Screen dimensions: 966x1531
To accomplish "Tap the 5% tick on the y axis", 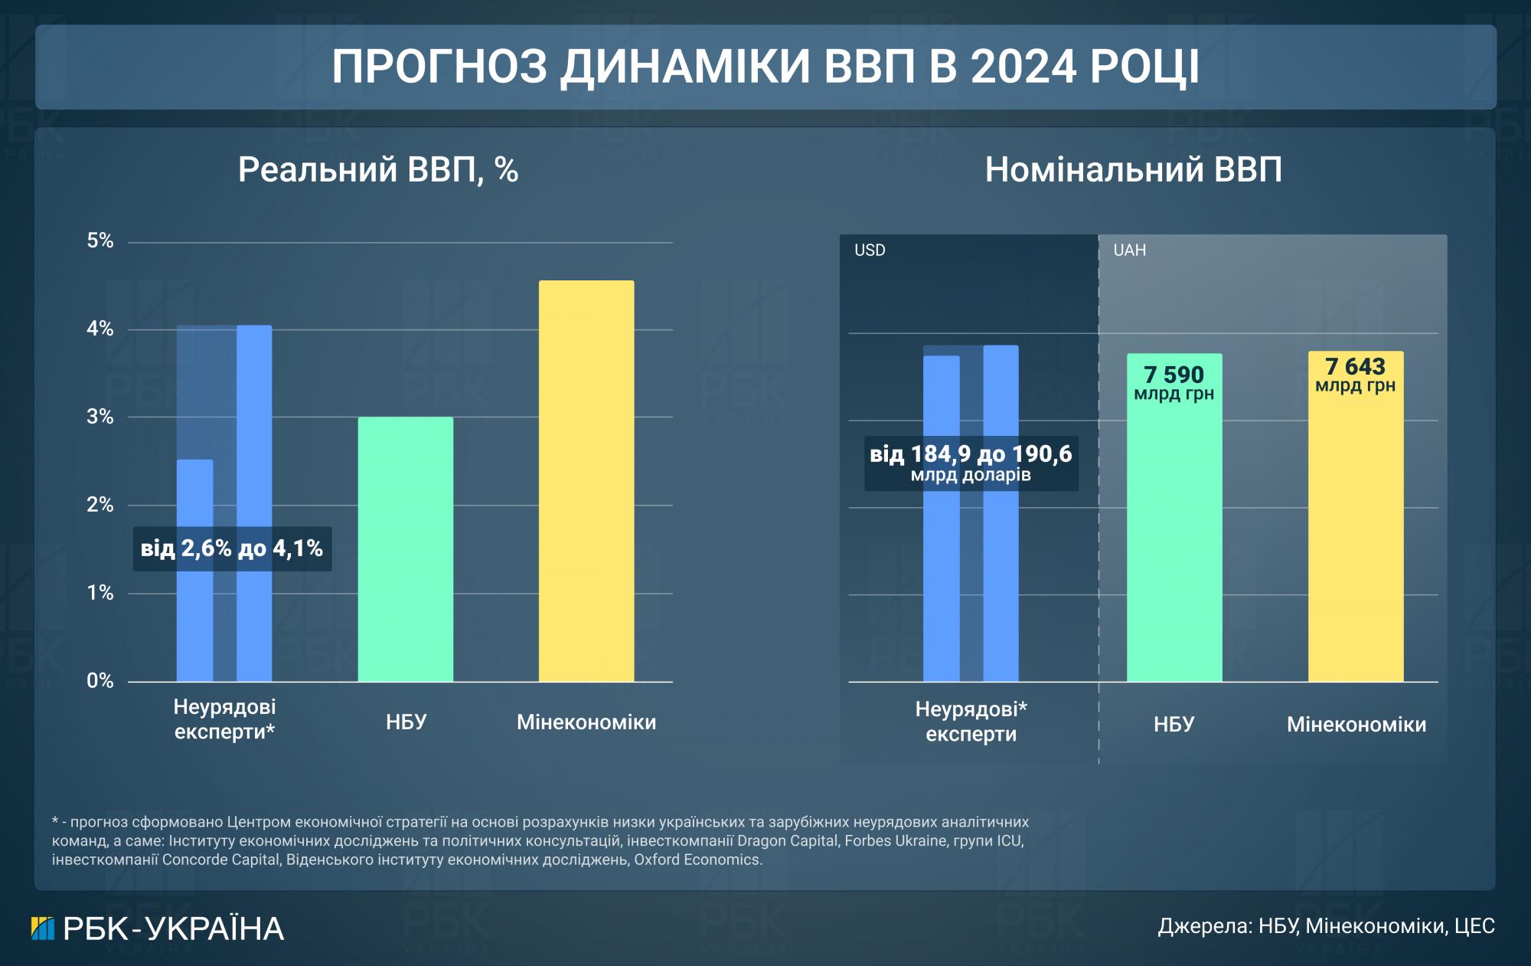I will pyautogui.click(x=100, y=241).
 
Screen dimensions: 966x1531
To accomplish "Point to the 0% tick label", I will pyautogui.click(x=100, y=681).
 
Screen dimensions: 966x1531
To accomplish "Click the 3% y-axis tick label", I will pyautogui.click(x=100, y=418).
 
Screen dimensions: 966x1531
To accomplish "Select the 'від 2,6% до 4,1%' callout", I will pyautogui.click(x=232, y=548).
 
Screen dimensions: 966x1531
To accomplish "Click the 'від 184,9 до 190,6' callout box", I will pyautogui.click(x=971, y=463).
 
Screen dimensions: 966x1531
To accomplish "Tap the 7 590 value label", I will pyautogui.click(x=1174, y=375).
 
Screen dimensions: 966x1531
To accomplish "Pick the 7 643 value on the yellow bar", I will pyautogui.click(x=1355, y=367).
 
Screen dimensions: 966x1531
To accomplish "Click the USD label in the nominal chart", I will pyautogui.click(x=870, y=251).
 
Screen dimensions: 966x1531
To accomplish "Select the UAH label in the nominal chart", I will pyautogui.click(x=1129, y=251).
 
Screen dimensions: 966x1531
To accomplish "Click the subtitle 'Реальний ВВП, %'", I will pyautogui.click(x=378, y=169).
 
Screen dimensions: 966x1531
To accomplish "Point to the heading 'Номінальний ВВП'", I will pyautogui.click(x=1133, y=169).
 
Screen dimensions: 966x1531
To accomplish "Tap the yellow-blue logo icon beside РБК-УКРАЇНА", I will pyautogui.click(x=43, y=928).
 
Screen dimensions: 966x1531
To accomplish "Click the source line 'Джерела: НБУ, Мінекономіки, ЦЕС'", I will pyautogui.click(x=1326, y=926).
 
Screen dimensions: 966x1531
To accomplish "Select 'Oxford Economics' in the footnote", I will pyautogui.click(x=697, y=860).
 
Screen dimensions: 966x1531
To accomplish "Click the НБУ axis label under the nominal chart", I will pyautogui.click(x=1174, y=724).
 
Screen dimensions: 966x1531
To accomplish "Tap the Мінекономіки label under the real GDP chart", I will pyautogui.click(x=586, y=722).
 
